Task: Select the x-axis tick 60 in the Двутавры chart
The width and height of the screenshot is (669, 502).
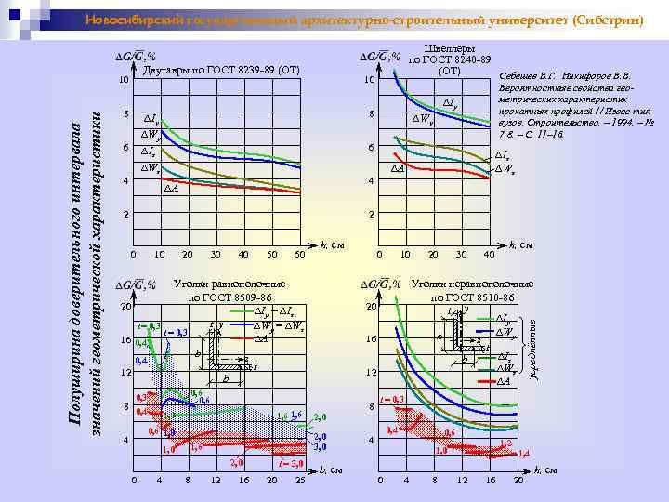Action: [299, 254]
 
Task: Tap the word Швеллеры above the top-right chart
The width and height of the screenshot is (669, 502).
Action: [449, 48]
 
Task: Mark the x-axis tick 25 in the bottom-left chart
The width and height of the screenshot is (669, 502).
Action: [299, 481]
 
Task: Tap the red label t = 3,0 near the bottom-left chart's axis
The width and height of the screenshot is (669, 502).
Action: [292, 462]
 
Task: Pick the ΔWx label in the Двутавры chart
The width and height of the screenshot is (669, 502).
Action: [151, 168]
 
